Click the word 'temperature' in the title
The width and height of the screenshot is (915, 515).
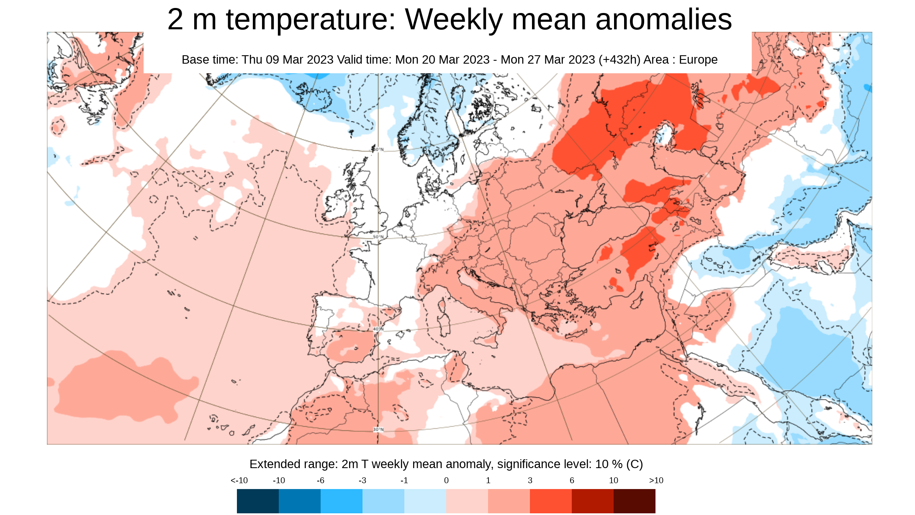tap(310, 19)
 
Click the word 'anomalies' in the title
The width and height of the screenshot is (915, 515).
tap(663, 19)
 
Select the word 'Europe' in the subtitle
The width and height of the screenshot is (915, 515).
tap(698, 59)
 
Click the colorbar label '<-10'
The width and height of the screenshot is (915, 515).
tap(239, 481)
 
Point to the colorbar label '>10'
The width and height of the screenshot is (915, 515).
tap(656, 481)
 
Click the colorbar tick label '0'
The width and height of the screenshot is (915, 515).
tap(446, 481)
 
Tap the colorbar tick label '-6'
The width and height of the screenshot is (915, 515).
tap(321, 481)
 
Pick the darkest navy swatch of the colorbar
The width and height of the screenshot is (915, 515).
tap(257, 501)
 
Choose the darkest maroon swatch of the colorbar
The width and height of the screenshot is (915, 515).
tap(634, 501)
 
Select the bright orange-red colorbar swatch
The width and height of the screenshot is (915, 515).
tap(550, 501)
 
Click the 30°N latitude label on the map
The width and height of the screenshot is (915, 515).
tap(378, 430)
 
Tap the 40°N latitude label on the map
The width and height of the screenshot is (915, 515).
tap(378, 330)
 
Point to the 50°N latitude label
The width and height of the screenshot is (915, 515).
tap(378, 237)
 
